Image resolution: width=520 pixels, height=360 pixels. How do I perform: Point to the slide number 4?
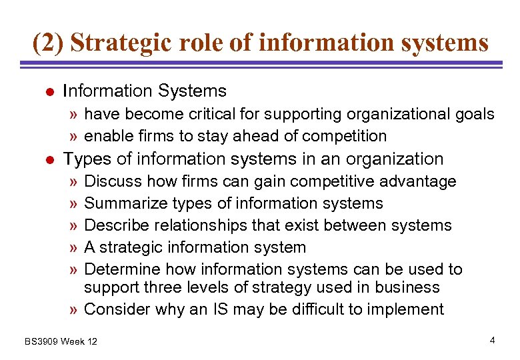(492, 341)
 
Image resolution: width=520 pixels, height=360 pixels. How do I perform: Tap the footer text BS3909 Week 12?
(61, 341)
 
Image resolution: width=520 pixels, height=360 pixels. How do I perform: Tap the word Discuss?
(113, 181)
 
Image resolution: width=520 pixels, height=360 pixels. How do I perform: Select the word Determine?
(123, 269)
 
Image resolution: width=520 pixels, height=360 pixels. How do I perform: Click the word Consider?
(117, 309)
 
